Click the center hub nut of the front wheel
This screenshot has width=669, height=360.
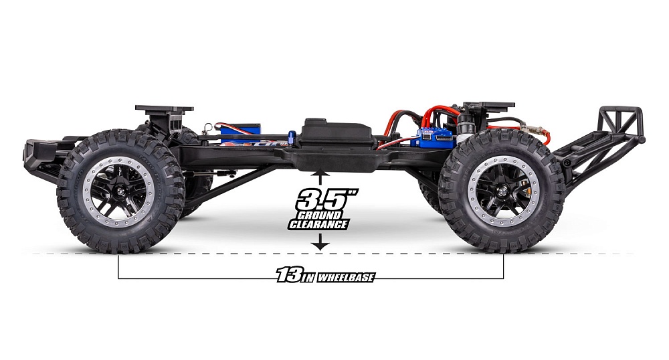119,195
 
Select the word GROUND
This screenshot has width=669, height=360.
319,215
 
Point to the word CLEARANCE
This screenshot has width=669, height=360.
319,225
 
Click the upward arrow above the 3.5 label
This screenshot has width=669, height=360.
321,176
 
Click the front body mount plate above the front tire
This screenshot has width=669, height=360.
164,108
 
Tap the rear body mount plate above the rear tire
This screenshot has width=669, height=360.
491,106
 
